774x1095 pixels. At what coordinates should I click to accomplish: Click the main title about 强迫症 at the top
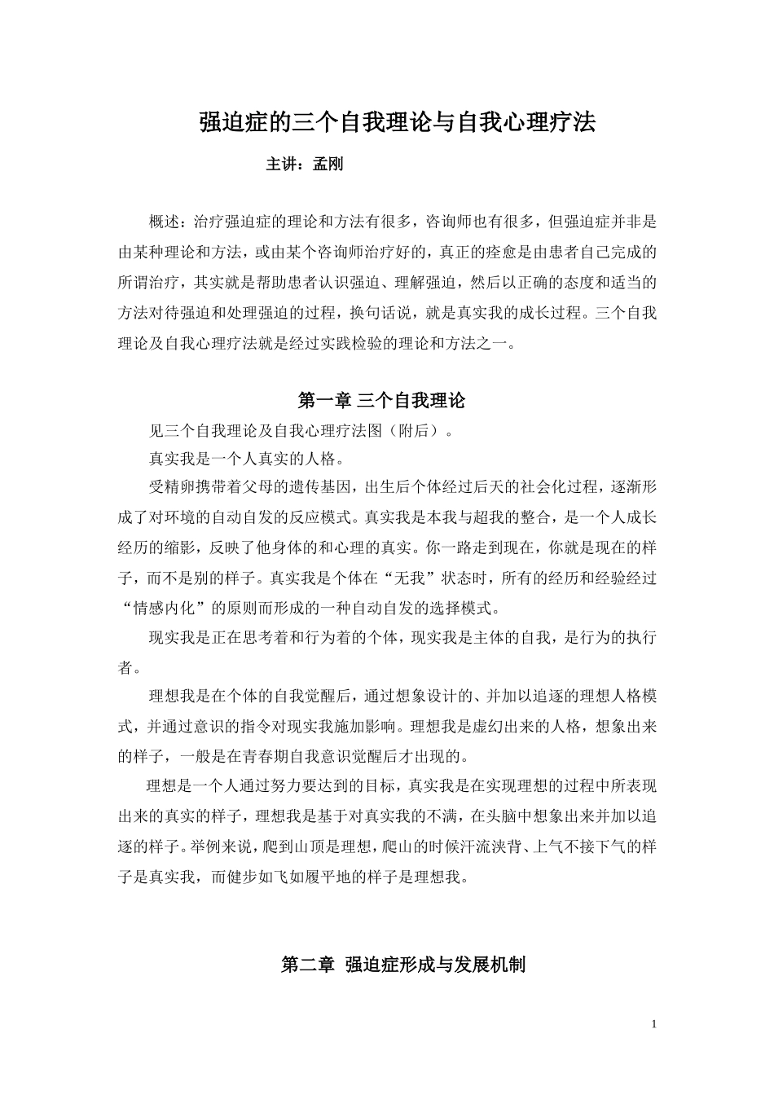click(398, 122)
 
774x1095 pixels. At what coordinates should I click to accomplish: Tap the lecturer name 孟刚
click(328, 165)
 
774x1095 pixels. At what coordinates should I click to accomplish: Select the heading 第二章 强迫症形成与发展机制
click(402, 965)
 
